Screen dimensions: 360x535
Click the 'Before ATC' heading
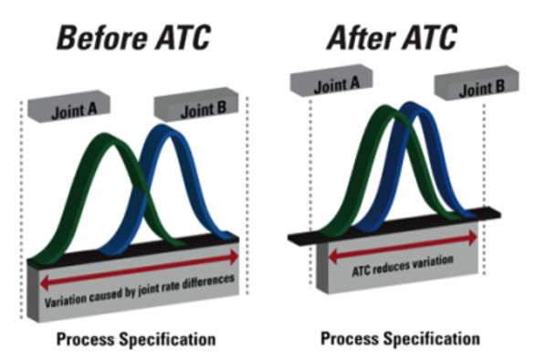(x=134, y=37)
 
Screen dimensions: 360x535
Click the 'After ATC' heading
(x=393, y=37)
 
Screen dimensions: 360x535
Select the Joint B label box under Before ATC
(x=195, y=111)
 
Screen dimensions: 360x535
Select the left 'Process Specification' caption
(x=137, y=339)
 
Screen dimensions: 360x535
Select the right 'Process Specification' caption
(x=399, y=338)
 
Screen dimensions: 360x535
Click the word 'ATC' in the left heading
(x=178, y=37)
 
